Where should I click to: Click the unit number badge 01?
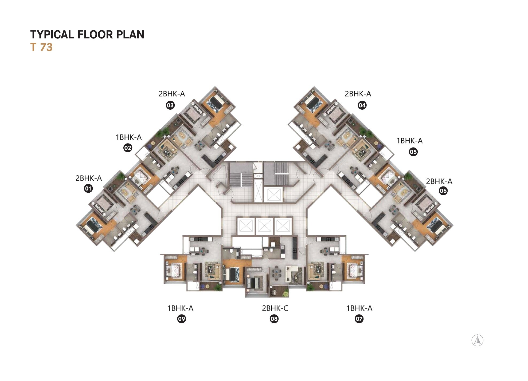88,189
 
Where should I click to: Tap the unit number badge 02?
128,148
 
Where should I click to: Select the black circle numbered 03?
170,105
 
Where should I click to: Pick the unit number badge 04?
362,105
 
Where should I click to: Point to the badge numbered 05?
413,152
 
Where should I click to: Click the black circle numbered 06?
443,191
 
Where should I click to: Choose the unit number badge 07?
359,319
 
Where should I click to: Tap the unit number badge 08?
274,319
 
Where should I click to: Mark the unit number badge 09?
182,319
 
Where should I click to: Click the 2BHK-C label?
275,308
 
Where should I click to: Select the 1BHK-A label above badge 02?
128,137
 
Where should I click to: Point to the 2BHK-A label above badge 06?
439,181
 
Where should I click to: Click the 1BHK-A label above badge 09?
180,308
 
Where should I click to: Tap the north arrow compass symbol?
478,340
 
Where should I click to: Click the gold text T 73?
41,47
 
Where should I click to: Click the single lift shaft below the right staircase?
273,195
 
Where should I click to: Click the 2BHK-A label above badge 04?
358,94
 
